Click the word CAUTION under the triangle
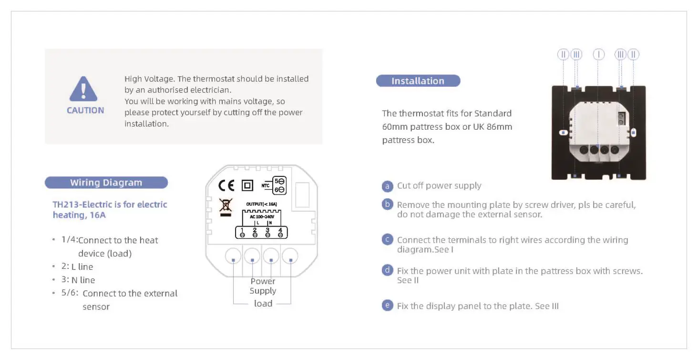pyautogui.click(x=85, y=110)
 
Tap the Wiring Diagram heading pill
pyautogui.click(x=106, y=183)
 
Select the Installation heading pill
pyautogui.click(x=418, y=81)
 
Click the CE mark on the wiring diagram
pyautogui.click(x=226, y=185)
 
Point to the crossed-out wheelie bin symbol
pyautogui.click(x=226, y=206)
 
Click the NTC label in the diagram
pyautogui.click(x=266, y=185)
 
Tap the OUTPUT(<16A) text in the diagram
pyautogui.click(x=261, y=204)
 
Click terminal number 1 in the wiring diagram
pyautogui.click(x=242, y=232)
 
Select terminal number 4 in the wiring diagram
pyautogui.click(x=280, y=232)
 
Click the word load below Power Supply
pyautogui.click(x=263, y=304)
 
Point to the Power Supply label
pyautogui.click(x=263, y=286)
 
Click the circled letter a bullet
pyautogui.click(x=388, y=186)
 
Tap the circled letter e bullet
pyautogui.click(x=388, y=306)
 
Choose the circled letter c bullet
pyautogui.click(x=388, y=240)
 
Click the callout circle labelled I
pyautogui.click(x=598, y=54)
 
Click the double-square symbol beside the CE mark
pyautogui.click(x=247, y=185)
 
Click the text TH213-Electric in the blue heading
pyautogui.click(x=81, y=205)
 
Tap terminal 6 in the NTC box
pyautogui.click(x=279, y=190)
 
